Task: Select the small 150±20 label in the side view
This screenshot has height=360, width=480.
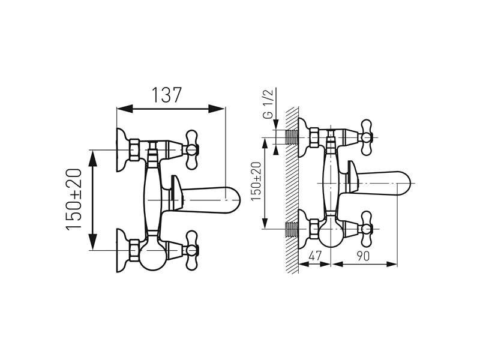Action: (256, 182)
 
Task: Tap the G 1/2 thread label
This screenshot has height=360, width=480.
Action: (268, 104)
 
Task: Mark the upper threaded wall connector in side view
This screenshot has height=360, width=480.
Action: (292, 137)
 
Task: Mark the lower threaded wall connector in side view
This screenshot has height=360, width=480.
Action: (292, 229)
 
